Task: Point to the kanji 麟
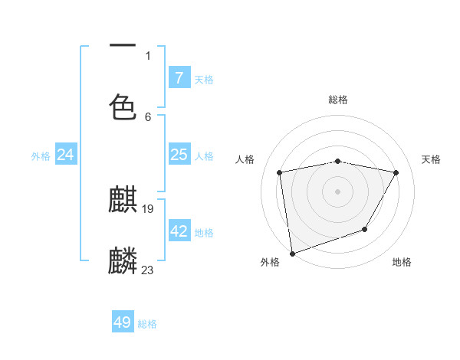[123, 261]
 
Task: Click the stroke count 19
[148, 209]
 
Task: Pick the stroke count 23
[148, 270]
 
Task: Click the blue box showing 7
[179, 78]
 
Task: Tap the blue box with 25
[179, 155]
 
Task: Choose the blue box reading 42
[179, 231]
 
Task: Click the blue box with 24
[65, 155]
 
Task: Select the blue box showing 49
[123, 322]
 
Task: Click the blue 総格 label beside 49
[147, 324]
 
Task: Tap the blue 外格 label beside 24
[41, 156]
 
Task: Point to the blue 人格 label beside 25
[204, 156]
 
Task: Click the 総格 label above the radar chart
[338, 100]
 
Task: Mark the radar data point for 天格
[396, 172]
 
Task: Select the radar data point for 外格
[292, 253]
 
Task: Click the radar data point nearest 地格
[365, 229]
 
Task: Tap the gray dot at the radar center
[338, 191]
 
